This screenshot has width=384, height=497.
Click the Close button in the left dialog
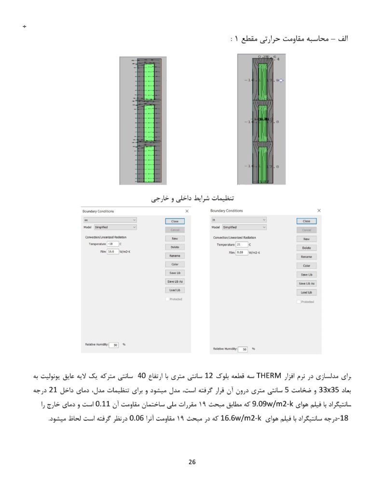pyautogui.click(x=175, y=221)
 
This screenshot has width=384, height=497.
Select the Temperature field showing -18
pyautogui.click(x=113, y=244)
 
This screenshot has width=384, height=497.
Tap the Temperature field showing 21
pyautogui.click(x=241, y=245)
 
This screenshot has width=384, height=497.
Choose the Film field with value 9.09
pyautogui.click(x=241, y=252)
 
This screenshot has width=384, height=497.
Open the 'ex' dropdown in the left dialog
pyautogui.click(x=110, y=220)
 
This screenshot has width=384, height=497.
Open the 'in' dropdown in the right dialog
pyautogui.click(x=239, y=220)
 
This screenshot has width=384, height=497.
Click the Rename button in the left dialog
pyautogui.click(x=175, y=256)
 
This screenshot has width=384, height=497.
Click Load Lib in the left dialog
pyautogui.click(x=175, y=290)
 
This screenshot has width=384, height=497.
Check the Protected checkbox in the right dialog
pyautogui.click(x=299, y=302)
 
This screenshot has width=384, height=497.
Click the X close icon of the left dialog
pyautogui.click(x=187, y=211)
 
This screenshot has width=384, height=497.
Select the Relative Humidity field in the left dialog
pyautogui.click(x=114, y=345)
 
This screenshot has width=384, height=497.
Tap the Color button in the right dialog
pyautogui.click(x=306, y=266)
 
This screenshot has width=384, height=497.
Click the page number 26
pyautogui.click(x=192, y=462)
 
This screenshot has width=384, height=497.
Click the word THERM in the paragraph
pyautogui.click(x=265, y=375)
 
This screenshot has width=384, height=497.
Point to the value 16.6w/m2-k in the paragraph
pyautogui.click(x=241, y=418)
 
